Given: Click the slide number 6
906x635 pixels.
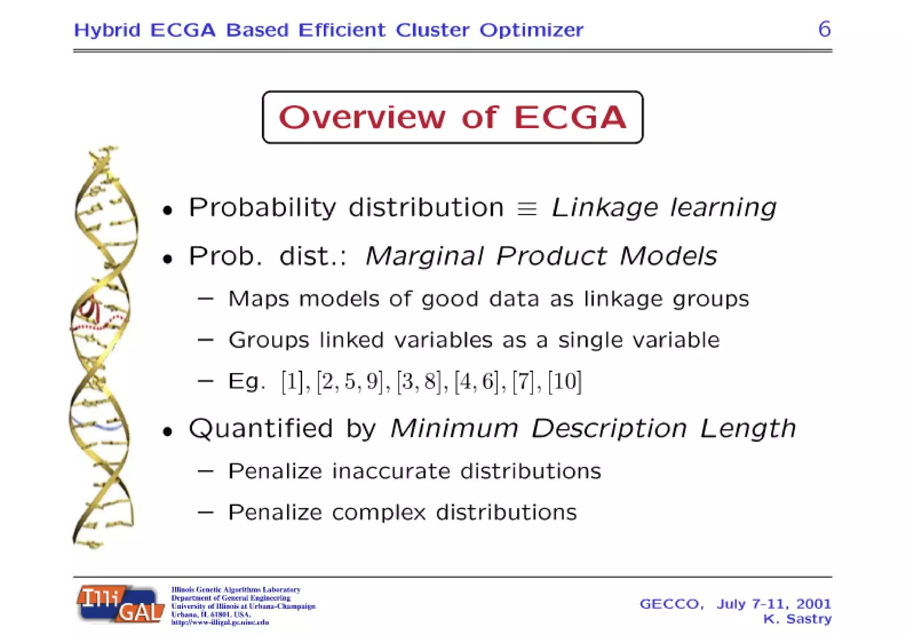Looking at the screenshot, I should tap(824, 29).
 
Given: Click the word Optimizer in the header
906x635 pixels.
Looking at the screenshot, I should tap(531, 30).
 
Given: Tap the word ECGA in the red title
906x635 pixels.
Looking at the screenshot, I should tap(570, 117).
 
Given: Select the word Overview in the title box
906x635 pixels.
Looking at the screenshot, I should tap(362, 117).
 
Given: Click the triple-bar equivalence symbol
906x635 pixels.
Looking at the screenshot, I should tap(527, 208).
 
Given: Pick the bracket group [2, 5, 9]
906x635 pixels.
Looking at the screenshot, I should tap(350, 381).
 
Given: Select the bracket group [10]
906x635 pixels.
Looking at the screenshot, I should tap(564, 381).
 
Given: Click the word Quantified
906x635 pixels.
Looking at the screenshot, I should tap(261, 428).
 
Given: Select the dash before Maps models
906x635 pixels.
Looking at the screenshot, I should tap(206, 299).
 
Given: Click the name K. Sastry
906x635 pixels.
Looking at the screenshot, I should tap(797, 619).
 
